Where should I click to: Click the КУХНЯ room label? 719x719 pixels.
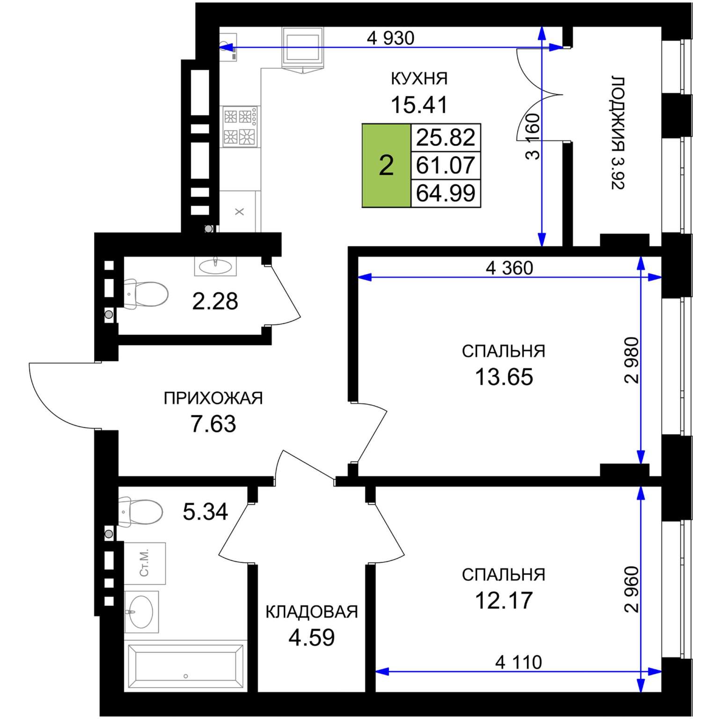pyautogui.click(x=419, y=79)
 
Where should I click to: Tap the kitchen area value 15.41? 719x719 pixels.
pyautogui.click(x=419, y=104)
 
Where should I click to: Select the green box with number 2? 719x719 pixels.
pyautogui.click(x=386, y=165)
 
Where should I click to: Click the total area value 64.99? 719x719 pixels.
pyautogui.click(x=446, y=193)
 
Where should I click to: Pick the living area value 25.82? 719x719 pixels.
pyautogui.click(x=446, y=138)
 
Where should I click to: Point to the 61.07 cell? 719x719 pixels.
pyautogui.click(x=446, y=165)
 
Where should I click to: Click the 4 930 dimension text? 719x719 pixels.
pyautogui.click(x=390, y=38)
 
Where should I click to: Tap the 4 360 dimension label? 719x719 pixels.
pyautogui.click(x=509, y=268)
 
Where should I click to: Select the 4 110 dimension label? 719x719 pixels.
pyautogui.click(x=519, y=662)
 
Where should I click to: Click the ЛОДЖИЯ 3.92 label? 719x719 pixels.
pyautogui.click(x=618, y=132)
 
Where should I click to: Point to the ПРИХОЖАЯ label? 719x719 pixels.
pyautogui.click(x=213, y=398)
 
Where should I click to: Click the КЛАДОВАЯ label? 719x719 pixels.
pyautogui.click(x=312, y=612)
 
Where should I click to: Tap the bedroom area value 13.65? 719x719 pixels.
pyautogui.click(x=504, y=377)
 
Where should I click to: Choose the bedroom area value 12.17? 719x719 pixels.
pyautogui.click(x=504, y=600)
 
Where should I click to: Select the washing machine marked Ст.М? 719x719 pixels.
pyautogui.click(x=145, y=563)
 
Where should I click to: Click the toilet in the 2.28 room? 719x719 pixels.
pyautogui.click(x=145, y=294)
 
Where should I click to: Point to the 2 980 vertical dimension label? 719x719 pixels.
pyautogui.click(x=631, y=360)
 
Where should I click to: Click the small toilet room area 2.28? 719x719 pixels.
pyautogui.click(x=215, y=301)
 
